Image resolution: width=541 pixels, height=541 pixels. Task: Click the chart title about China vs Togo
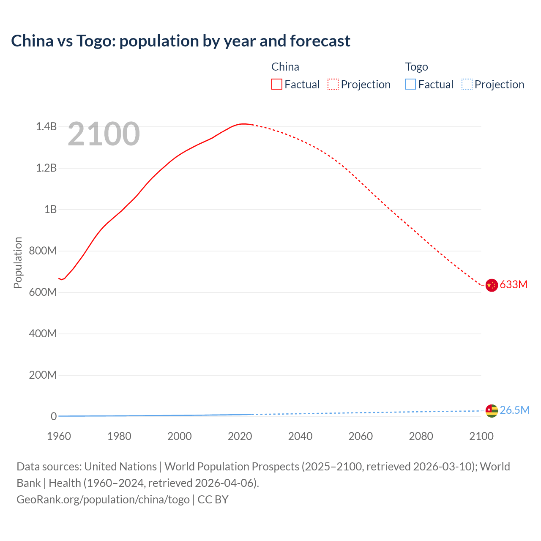(180, 41)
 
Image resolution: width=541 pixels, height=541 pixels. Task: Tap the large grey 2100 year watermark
(104, 134)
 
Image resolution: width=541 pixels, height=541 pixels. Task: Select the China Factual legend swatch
(277, 85)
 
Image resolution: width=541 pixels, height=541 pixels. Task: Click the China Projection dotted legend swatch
(333, 85)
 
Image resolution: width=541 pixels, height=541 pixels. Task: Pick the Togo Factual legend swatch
(410, 85)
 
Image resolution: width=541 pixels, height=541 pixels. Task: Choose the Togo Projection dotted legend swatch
(467, 85)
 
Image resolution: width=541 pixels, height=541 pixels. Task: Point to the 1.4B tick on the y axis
(46, 126)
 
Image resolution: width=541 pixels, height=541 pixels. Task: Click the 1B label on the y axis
(50, 209)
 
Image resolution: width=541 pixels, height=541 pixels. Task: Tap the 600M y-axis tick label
(43, 292)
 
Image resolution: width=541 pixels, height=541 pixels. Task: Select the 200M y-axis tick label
(43, 375)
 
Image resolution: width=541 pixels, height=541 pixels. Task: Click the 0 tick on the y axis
(54, 416)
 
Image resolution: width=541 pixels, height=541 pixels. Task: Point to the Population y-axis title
(18, 262)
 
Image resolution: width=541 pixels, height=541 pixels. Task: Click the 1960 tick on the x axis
(59, 436)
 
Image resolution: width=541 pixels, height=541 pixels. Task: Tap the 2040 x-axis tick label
(300, 436)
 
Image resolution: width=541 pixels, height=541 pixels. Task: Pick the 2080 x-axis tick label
(421, 436)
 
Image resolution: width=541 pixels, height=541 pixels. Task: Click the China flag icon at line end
(492, 285)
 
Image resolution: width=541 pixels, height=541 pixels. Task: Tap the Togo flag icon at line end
(492, 410)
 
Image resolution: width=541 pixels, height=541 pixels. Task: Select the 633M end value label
(514, 284)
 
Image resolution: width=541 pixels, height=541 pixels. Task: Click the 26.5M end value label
(514, 410)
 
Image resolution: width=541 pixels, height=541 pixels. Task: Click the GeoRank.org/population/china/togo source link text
(103, 500)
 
